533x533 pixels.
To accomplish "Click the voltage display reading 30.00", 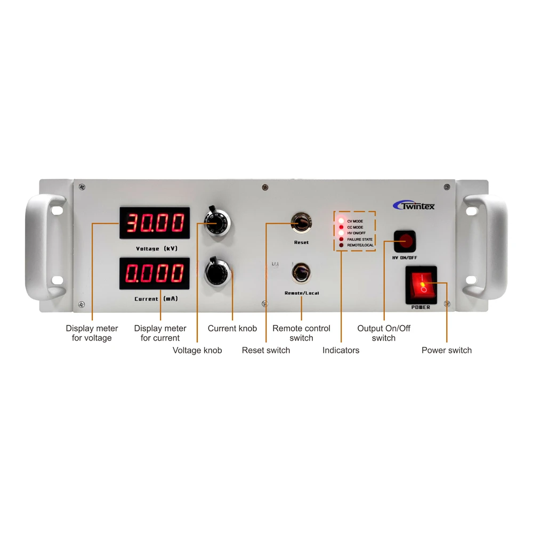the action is [x=155, y=223].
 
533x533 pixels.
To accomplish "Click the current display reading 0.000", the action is [x=155, y=273].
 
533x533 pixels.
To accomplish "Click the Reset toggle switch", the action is [x=300, y=223].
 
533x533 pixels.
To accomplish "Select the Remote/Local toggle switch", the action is [x=301, y=272].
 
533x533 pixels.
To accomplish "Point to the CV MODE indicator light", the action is [x=341, y=221].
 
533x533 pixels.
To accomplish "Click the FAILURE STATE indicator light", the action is [x=341, y=239].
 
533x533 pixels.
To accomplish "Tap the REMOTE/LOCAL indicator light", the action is [x=341, y=245].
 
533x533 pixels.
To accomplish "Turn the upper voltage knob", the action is [x=217, y=223].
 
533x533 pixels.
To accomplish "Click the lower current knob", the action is [x=217, y=273].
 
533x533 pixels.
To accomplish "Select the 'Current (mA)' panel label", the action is [x=156, y=299].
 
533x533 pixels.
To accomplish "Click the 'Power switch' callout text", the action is [x=447, y=350].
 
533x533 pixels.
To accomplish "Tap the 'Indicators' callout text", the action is [x=341, y=350].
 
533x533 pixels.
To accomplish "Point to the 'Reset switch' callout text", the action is [x=266, y=350].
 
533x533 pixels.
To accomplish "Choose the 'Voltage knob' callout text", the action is [x=197, y=350].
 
